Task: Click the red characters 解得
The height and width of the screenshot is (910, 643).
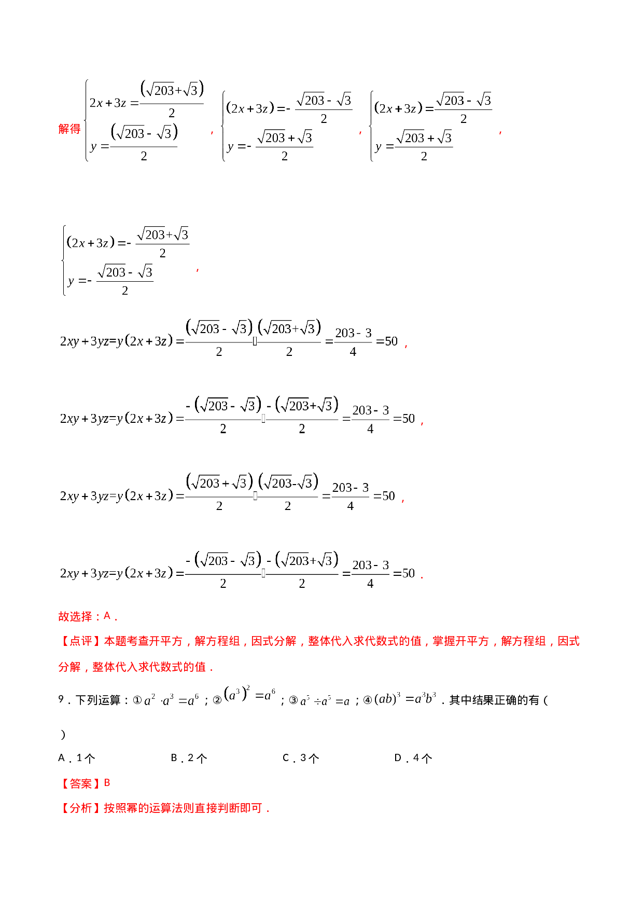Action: click(x=69, y=129)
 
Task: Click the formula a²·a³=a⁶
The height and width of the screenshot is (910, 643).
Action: click(x=171, y=700)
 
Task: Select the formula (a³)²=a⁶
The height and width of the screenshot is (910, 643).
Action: click(x=249, y=695)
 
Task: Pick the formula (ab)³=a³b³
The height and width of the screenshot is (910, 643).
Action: click(x=404, y=698)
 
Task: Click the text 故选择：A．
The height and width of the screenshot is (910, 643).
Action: click(x=88, y=616)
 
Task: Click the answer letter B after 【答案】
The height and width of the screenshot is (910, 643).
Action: click(x=107, y=783)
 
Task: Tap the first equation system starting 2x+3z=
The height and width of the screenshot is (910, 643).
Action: click(x=144, y=121)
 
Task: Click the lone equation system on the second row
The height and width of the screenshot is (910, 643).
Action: click(x=125, y=260)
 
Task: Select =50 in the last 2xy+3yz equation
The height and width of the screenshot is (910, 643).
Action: click(x=404, y=573)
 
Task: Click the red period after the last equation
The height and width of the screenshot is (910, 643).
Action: click(x=422, y=576)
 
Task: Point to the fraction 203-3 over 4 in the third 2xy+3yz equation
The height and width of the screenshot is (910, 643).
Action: click(x=351, y=496)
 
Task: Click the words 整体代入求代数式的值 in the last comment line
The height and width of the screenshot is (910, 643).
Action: click(x=149, y=667)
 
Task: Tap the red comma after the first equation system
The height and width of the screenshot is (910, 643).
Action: click(x=212, y=133)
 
